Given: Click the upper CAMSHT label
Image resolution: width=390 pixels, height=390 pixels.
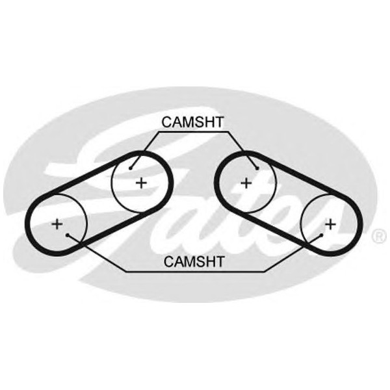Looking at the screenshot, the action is (x=192, y=122).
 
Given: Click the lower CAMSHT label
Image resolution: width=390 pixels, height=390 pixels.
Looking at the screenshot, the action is (x=194, y=261).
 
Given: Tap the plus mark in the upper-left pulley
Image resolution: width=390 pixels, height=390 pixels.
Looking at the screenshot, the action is (x=141, y=183).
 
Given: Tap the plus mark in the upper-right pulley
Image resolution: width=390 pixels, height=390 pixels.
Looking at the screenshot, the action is (x=246, y=183).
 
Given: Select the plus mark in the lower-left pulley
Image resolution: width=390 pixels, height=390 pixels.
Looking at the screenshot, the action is (x=57, y=224).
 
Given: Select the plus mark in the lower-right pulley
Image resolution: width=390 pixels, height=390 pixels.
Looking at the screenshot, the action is (x=331, y=224).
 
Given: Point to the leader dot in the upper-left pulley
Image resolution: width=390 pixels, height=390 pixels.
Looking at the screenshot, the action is (x=131, y=168).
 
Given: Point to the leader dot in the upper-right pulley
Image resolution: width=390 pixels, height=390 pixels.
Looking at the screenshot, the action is (x=257, y=168).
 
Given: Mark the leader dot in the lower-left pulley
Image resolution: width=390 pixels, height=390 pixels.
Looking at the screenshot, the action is (x=68, y=235).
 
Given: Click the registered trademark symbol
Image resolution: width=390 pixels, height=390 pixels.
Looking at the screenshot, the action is (x=379, y=236).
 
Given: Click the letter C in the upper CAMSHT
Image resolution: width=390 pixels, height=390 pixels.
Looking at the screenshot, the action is (x=167, y=122).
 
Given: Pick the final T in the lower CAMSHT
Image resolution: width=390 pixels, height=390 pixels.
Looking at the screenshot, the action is (x=220, y=261).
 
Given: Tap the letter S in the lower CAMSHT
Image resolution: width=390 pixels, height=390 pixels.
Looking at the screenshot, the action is (x=200, y=261).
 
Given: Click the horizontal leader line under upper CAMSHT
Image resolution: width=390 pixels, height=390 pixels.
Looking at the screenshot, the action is (x=193, y=133).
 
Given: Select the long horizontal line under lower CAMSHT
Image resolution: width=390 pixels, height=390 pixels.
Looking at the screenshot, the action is (x=195, y=272).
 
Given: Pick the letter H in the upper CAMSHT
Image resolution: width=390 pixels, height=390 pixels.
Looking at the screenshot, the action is (x=209, y=122).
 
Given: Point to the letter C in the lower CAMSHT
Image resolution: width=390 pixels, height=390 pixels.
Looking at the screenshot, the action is (x=168, y=261).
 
